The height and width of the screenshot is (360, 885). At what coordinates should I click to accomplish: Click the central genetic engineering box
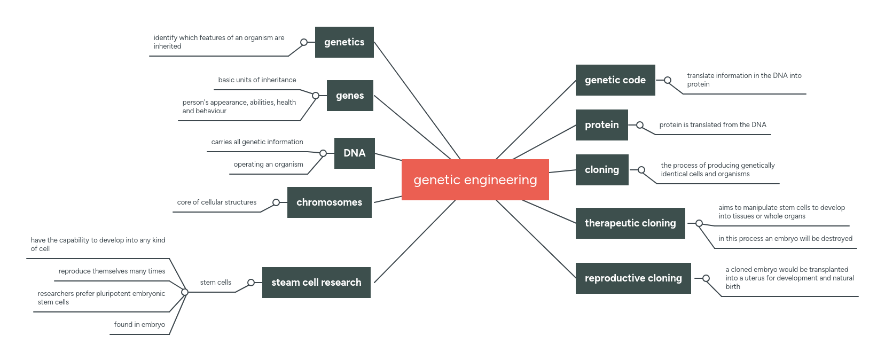[x=475, y=179]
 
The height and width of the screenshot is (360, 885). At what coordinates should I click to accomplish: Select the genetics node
[x=344, y=42]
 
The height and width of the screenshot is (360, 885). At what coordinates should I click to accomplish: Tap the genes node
[x=350, y=96]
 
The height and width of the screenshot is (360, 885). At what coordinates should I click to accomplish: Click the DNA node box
[x=354, y=153]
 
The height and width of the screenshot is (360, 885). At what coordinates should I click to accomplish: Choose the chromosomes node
[x=329, y=202]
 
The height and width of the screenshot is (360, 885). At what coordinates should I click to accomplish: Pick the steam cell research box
[x=316, y=283]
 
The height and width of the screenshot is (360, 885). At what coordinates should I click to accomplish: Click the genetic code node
[x=615, y=80]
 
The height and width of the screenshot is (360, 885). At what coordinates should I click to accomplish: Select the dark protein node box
[x=601, y=125]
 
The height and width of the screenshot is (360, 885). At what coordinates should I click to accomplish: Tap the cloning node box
[x=601, y=170]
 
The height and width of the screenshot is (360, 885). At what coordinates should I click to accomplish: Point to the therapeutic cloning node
[x=630, y=223]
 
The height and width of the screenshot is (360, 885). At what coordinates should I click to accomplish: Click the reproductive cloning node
[x=633, y=278]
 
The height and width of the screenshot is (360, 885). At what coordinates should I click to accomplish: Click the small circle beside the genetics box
[x=304, y=42]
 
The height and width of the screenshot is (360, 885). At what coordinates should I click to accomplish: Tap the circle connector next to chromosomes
[x=276, y=202]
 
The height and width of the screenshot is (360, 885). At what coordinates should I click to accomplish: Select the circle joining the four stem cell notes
[x=185, y=292]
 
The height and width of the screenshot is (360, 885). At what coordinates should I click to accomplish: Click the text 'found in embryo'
[x=139, y=325]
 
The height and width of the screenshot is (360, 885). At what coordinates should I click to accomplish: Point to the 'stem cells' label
[x=215, y=283]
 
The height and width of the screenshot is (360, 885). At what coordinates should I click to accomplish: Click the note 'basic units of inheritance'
[x=257, y=80]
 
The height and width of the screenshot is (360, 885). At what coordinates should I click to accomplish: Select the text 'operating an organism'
[x=268, y=165]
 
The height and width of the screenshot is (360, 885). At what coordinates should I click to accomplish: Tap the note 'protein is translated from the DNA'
[x=712, y=125]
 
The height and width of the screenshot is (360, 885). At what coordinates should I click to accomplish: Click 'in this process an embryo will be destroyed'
[x=785, y=239]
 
